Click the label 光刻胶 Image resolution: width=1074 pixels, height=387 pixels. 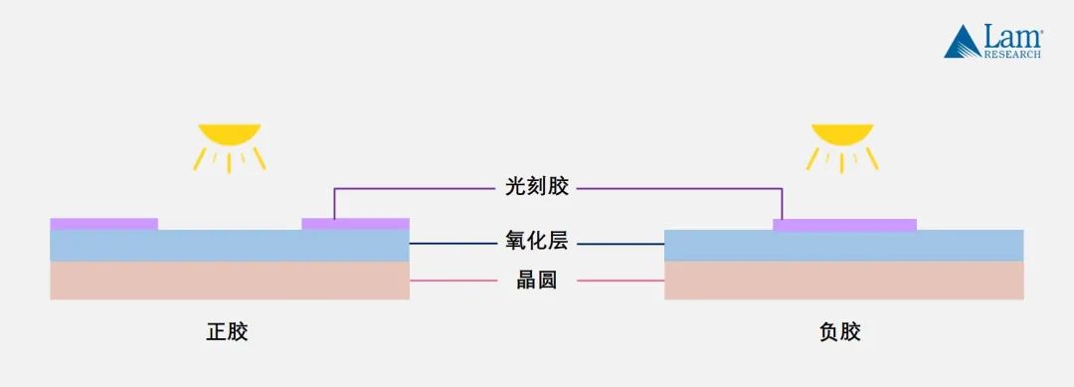[537, 188]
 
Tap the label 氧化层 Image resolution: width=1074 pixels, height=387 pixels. [537, 242]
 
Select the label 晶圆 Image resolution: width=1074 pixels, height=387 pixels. [537, 281]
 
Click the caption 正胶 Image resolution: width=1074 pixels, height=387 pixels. [228, 331]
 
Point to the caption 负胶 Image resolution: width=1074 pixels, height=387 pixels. [841, 331]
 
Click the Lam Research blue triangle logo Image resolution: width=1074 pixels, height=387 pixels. [962, 42]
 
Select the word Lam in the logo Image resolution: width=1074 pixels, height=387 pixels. [1010, 38]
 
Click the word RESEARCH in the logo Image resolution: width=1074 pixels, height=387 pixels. [1012, 55]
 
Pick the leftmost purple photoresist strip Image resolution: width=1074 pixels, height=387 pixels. [103, 224]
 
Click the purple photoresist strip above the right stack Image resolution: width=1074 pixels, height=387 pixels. [844, 225]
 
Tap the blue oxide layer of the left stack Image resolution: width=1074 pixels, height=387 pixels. [229, 246]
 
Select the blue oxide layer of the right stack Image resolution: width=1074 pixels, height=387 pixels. [843, 246]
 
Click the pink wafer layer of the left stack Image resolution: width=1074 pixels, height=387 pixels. [229, 281]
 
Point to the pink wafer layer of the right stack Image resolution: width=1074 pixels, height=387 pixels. [843, 281]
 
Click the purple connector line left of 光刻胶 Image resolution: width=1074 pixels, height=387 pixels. [418, 188]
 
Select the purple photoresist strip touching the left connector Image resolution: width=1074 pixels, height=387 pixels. [355, 224]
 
